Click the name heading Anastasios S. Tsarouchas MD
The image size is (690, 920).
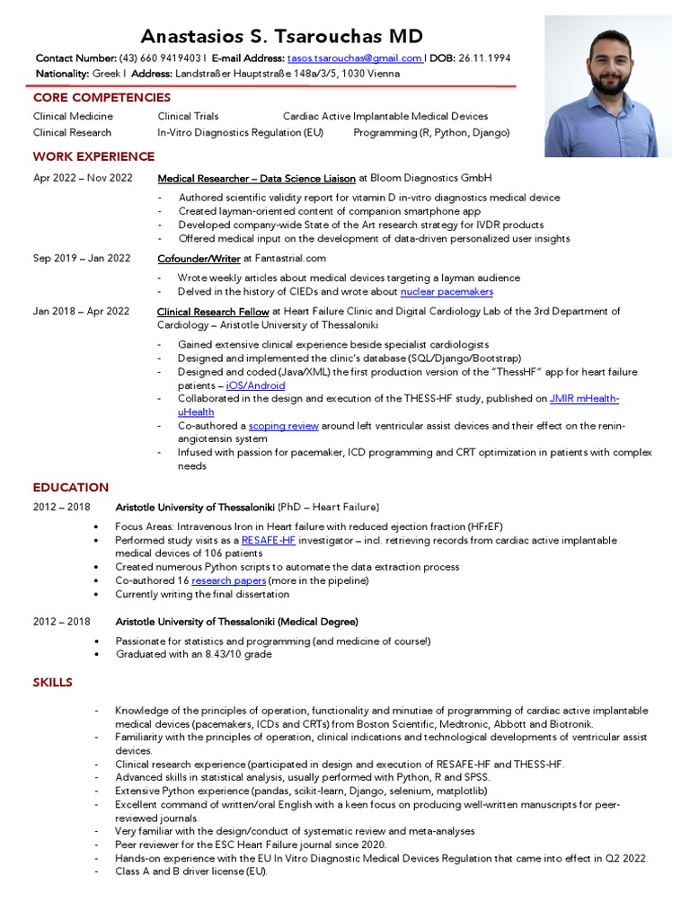click(281, 37)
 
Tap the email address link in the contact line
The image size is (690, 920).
click(355, 58)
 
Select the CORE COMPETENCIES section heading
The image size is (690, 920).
click(102, 97)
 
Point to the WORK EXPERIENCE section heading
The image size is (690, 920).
click(93, 156)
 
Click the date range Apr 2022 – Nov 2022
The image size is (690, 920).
click(83, 178)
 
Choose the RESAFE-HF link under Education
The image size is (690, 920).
click(269, 541)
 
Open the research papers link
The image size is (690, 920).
click(228, 581)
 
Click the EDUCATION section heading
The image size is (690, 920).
click(71, 487)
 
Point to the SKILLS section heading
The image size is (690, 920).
click(53, 683)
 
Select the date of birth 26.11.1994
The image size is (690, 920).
click(484, 58)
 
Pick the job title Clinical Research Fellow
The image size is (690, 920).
click(213, 311)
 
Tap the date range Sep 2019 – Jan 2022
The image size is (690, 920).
click(82, 258)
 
